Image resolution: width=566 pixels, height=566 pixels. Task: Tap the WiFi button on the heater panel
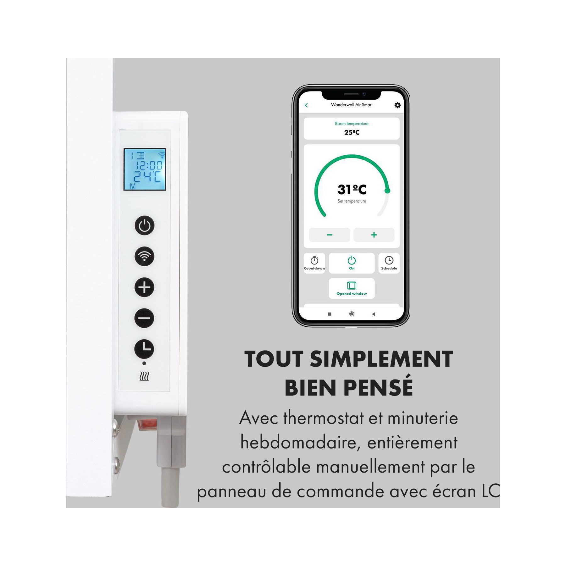pos(144,256)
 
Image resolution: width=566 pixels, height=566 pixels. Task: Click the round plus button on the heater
pos(144,287)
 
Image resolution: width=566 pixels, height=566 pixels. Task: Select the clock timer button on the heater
pos(144,349)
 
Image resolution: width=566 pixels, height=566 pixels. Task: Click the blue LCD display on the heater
pos(145,169)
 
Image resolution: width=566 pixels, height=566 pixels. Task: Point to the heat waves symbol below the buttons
pos(144,376)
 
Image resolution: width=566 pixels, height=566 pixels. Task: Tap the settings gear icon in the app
pos(397,105)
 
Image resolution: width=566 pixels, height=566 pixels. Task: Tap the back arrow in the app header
pos(307,105)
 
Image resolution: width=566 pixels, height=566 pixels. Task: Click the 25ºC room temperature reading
pos(352,132)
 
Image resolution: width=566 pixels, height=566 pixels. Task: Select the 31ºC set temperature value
pos(352,189)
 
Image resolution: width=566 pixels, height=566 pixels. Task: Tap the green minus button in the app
pos(330,235)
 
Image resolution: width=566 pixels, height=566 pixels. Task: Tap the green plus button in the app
pos(374,235)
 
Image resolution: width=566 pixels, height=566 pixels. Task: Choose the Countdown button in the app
pos(314,263)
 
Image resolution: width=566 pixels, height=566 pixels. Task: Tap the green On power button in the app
pos(352,263)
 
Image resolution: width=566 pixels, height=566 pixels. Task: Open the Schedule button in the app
pos(389,263)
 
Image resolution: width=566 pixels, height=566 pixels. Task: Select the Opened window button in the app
pos(352,288)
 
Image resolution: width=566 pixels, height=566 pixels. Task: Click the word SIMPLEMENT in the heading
pos(381,359)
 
